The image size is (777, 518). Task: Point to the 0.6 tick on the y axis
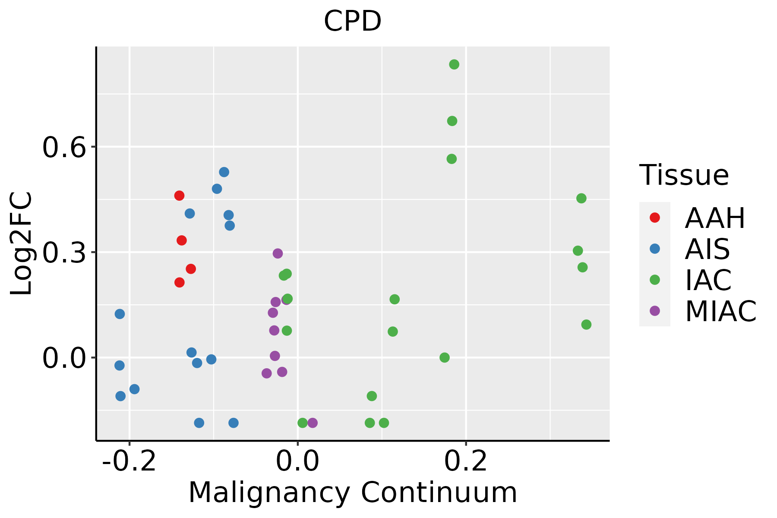click(x=63, y=147)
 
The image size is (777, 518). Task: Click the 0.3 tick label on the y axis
click(x=63, y=252)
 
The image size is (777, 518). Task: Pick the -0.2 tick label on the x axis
click(x=129, y=462)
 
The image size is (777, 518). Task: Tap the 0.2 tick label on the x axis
click(x=466, y=462)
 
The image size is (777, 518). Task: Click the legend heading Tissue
click(x=684, y=175)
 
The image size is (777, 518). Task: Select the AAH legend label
click(x=715, y=218)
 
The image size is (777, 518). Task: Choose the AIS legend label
click(x=707, y=249)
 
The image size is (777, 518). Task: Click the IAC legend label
click(x=708, y=280)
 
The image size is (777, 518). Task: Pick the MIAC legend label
click(x=720, y=311)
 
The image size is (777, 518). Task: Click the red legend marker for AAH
click(x=654, y=218)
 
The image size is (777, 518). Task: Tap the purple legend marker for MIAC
click(x=654, y=311)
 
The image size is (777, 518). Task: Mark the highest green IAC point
click(x=454, y=64)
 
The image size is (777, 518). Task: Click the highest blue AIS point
click(x=224, y=172)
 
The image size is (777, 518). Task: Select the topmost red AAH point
click(x=179, y=196)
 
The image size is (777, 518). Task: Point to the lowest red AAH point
click(x=180, y=282)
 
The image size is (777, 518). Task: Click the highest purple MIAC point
click(x=278, y=253)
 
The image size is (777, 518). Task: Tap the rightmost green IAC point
click(x=586, y=325)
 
